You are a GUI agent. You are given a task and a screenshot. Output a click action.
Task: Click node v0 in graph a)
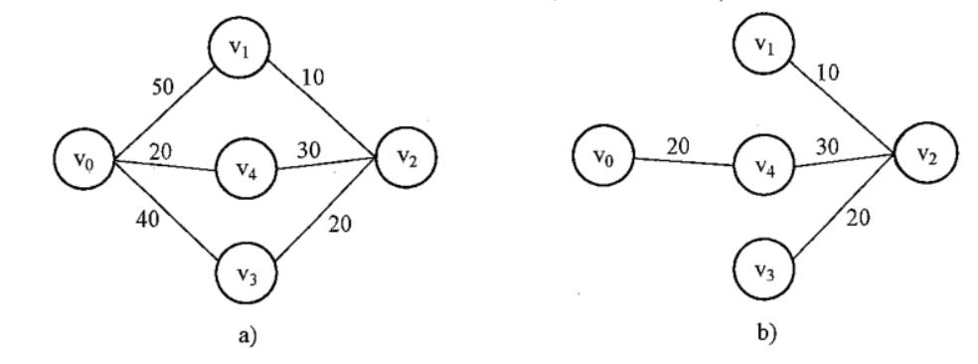pyautogui.click(x=83, y=159)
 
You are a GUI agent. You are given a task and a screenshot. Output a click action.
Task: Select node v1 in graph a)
pyautogui.click(x=239, y=48)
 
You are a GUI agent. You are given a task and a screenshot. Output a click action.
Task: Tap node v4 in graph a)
pyautogui.click(x=246, y=169)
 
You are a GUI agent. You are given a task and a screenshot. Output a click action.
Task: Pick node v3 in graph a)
pyautogui.click(x=246, y=273)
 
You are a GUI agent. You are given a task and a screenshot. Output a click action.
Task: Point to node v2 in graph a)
pyautogui.click(x=407, y=157)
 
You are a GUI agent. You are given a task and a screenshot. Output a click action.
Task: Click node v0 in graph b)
pyautogui.click(x=603, y=155)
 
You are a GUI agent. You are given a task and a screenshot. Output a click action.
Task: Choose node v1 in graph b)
pyautogui.click(x=763, y=44)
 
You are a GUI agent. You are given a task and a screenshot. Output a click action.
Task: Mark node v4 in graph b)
pyautogui.click(x=764, y=165)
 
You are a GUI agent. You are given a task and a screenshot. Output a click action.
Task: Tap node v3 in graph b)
pyautogui.click(x=763, y=270)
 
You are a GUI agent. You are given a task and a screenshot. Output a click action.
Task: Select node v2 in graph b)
pyautogui.click(x=925, y=153)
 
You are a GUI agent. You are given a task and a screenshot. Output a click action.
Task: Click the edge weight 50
pyautogui.click(x=163, y=87)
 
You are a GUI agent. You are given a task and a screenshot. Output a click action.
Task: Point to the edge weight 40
pyautogui.click(x=147, y=219)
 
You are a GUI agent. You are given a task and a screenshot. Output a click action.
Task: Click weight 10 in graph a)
pyautogui.click(x=312, y=78)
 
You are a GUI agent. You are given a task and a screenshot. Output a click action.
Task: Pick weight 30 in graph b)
pyautogui.click(x=827, y=147)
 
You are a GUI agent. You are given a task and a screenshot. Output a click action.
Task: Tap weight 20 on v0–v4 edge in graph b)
pyautogui.click(x=678, y=147)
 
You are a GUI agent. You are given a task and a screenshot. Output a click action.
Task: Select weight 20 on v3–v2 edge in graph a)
pyautogui.click(x=340, y=224)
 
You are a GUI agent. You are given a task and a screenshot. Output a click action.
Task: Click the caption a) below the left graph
pyautogui.click(x=247, y=336)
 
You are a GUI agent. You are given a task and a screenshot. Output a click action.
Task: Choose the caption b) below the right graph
pyautogui.click(x=766, y=333)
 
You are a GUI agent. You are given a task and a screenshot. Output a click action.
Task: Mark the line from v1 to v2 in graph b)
pyautogui.click(x=843, y=107)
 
